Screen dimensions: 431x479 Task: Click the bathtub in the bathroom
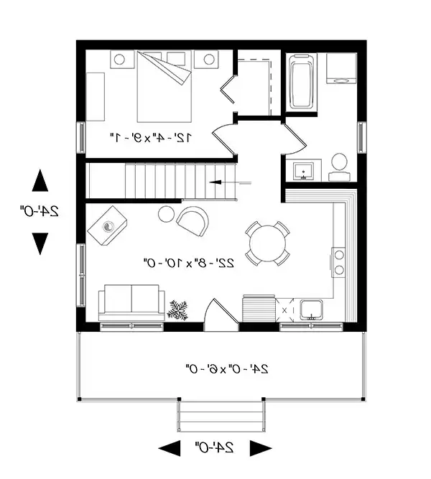pyautogui.click(x=302, y=82)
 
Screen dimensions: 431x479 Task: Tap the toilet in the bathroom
pyautogui.click(x=339, y=167)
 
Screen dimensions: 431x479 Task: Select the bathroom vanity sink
pyautogui.click(x=303, y=172)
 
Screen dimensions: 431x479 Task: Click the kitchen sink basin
pyautogui.click(x=311, y=310)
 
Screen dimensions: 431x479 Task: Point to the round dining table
pyautogui.click(x=267, y=243)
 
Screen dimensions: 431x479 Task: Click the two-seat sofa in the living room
pyautogui.click(x=131, y=303)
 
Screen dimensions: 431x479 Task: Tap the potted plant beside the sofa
pyautogui.click(x=177, y=310)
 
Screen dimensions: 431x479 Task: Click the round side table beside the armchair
pyautogui.click(x=166, y=214)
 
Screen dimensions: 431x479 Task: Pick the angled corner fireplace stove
pyautogui.click(x=107, y=225)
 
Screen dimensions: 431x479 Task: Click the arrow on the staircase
pyautogui.click(x=230, y=182)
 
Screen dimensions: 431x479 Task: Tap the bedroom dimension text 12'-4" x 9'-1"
pyautogui.click(x=151, y=138)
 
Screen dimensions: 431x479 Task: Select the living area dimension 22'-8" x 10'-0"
pyautogui.click(x=189, y=262)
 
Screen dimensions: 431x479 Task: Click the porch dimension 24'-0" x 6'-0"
pyautogui.click(x=227, y=368)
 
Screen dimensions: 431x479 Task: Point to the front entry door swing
pyautogui.click(x=221, y=315)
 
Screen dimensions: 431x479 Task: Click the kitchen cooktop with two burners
pyautogui.click(x=338, y=262)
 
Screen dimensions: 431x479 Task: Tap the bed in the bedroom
pyautogui.click(x=164, y=87)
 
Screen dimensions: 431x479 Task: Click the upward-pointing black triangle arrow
pyautogui.click(x=40, y=180)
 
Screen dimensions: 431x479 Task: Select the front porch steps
pyautogui.click(x=221, y=416)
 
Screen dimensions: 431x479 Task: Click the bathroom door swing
pyautogui.click(x=294, y=139)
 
